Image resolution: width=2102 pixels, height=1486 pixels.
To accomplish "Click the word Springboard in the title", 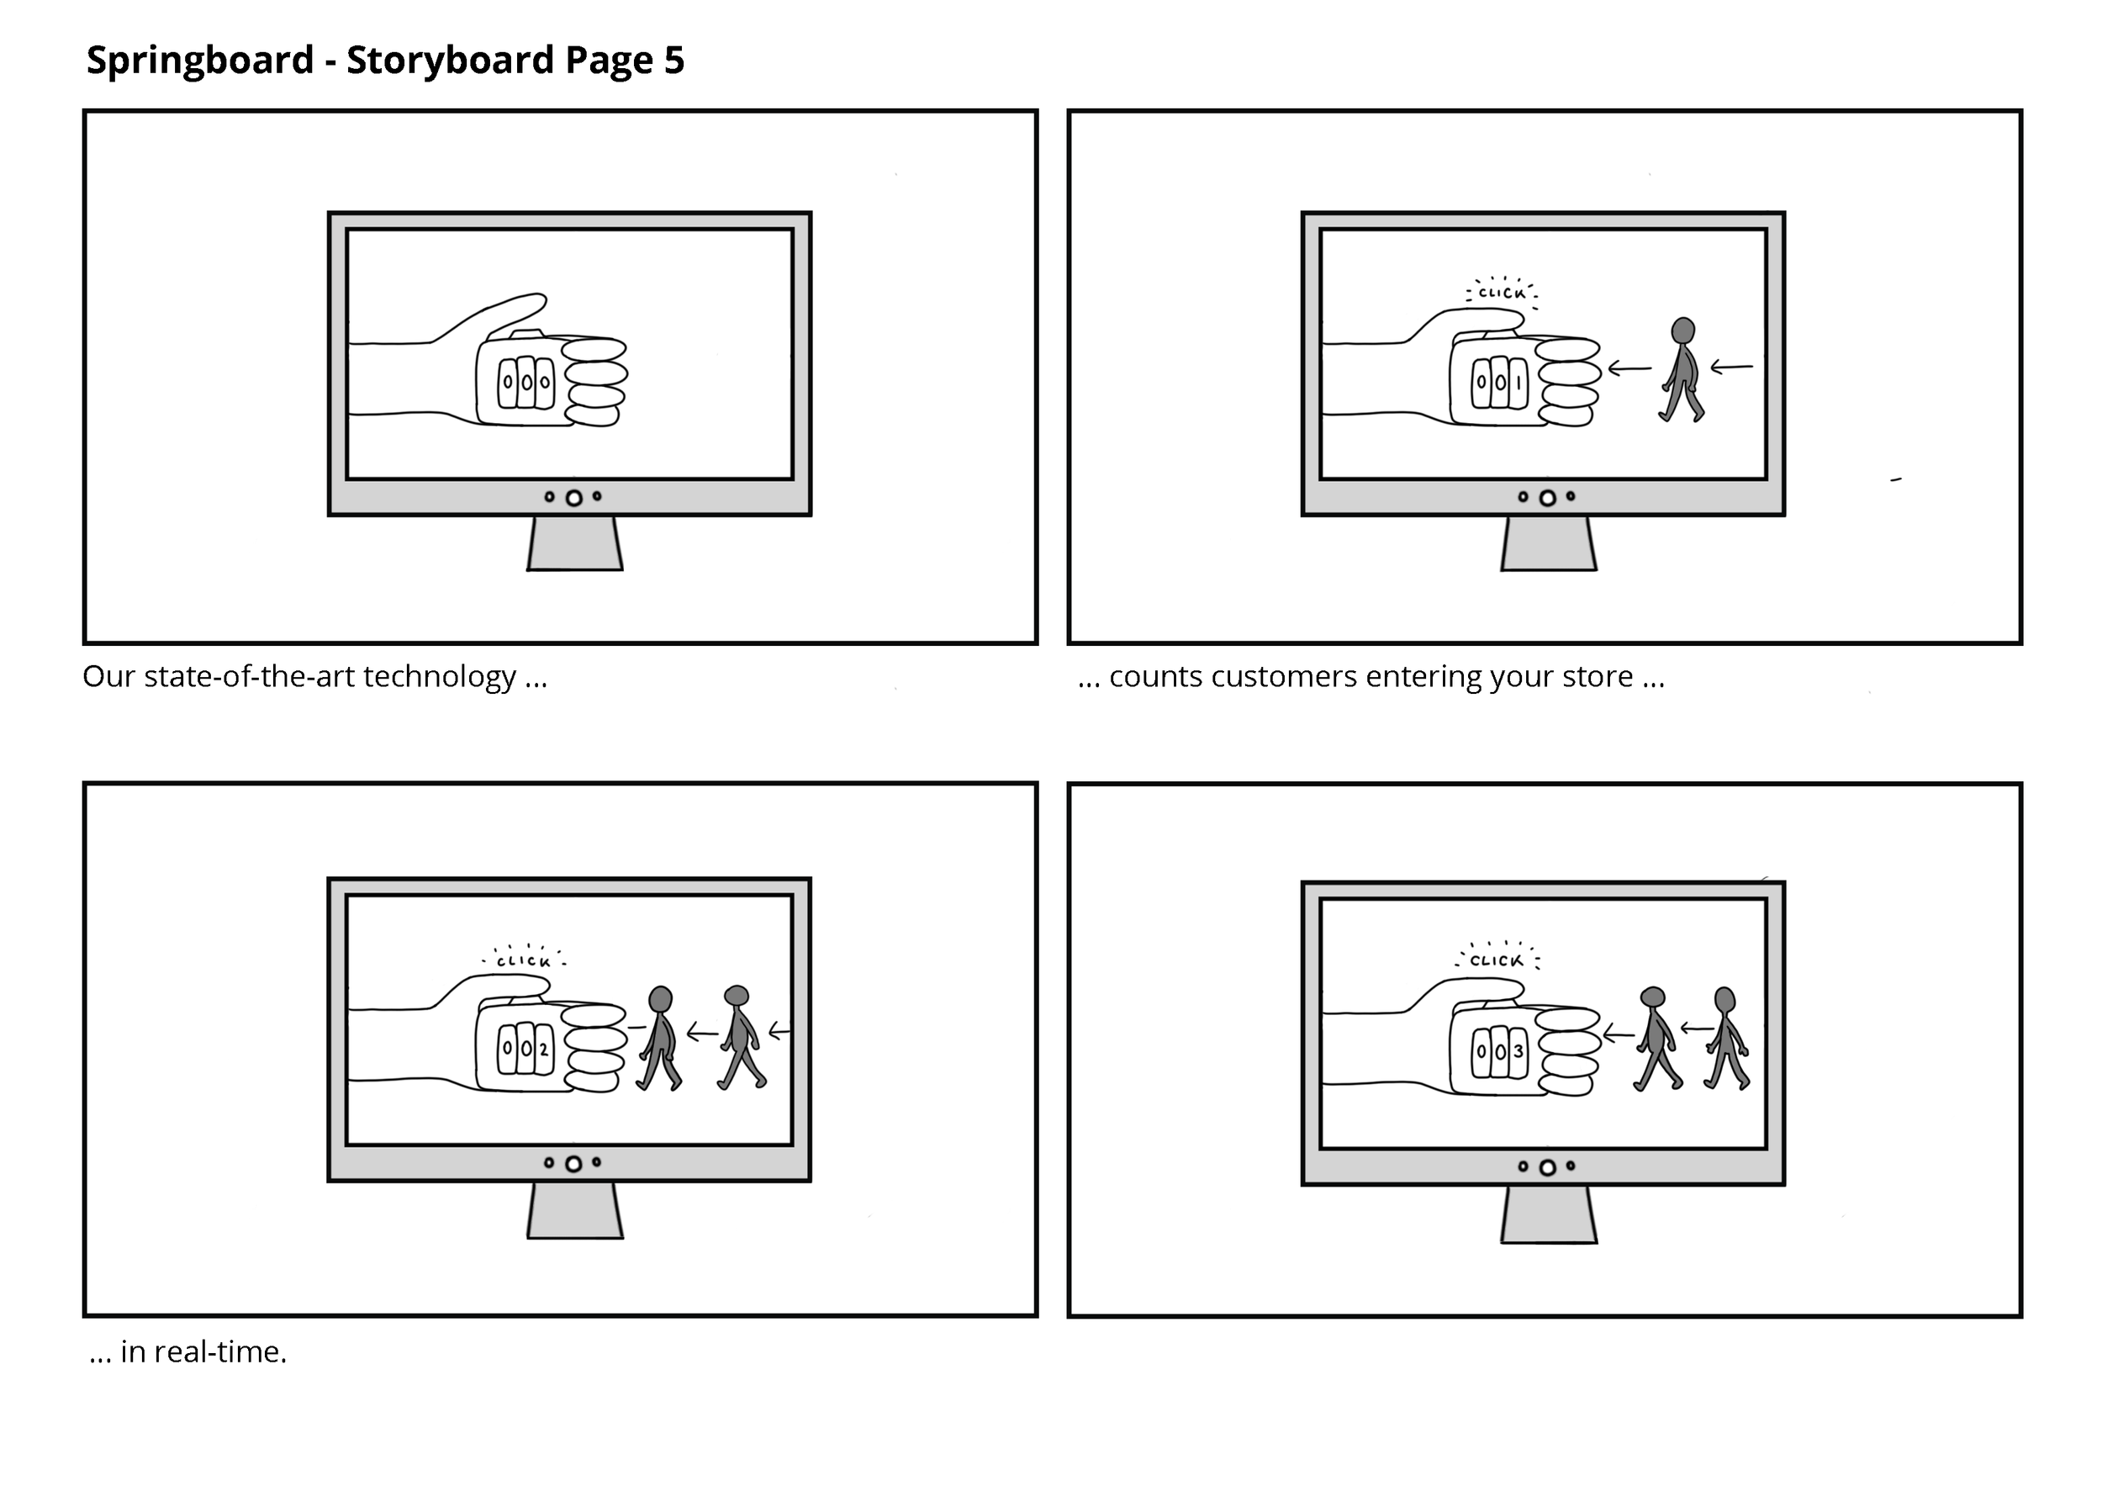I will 199,61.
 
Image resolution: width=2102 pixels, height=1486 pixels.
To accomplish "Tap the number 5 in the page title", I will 673,61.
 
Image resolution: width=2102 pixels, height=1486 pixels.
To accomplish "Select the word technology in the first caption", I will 441,677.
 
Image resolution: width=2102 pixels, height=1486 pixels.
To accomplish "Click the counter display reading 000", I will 525,382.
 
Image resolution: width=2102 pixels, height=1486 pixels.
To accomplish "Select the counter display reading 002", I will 525,1049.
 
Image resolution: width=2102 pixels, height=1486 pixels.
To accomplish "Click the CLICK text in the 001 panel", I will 1503,293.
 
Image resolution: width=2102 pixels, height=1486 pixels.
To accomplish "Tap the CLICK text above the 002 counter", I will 524,961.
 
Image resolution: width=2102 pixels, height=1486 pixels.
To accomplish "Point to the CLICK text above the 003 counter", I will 1497,960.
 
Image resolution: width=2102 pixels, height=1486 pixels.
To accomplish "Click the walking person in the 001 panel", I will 1682,370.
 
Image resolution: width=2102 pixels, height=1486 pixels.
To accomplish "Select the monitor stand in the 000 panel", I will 575,544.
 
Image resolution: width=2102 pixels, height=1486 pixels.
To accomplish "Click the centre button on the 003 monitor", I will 1548,1167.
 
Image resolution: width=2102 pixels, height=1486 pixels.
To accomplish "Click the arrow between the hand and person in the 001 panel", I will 1629,369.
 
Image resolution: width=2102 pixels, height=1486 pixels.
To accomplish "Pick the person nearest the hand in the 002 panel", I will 659,1038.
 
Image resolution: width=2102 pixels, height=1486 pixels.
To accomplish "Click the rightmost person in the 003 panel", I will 1725,1038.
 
